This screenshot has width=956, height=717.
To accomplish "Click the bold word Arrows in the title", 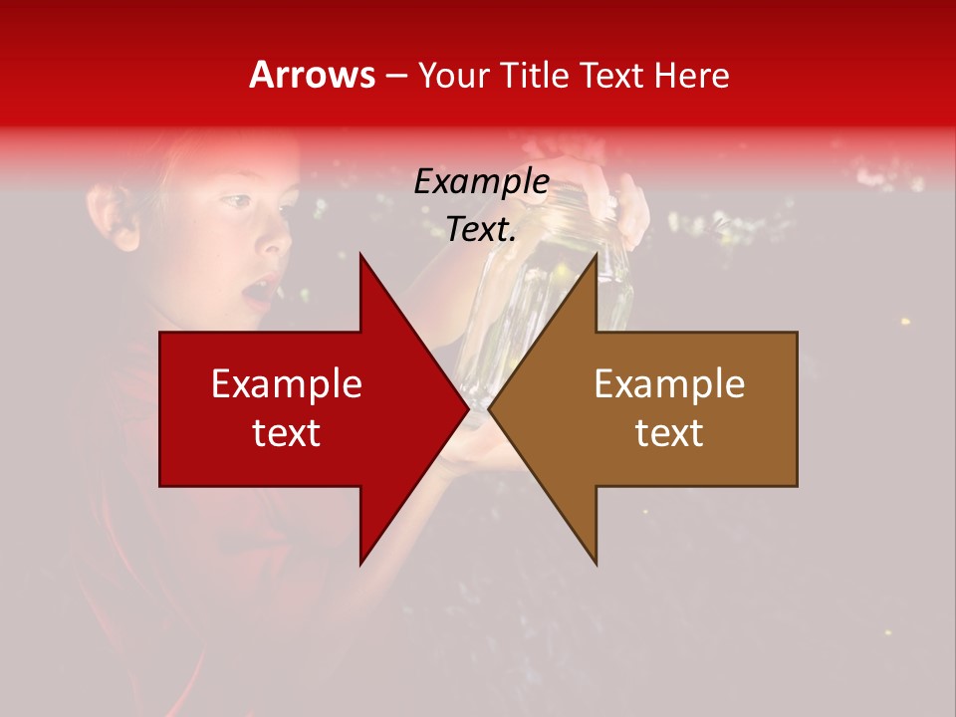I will [x=313, y=75].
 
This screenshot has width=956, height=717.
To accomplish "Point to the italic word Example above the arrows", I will [x=481, y=182].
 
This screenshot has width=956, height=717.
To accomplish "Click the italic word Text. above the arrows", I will [x=481, y=230].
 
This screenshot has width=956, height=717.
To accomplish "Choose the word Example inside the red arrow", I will [x=287, y=383].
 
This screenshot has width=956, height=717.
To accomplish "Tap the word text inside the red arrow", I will [x=287, y=432].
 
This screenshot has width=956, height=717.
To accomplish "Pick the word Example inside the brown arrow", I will [x=669, y=383].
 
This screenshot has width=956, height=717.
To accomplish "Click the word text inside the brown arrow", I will [x=669, y=432].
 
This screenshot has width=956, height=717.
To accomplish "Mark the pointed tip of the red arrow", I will [x=467, y=408].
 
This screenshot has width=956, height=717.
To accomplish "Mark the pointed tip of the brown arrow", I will [x=489, y=408].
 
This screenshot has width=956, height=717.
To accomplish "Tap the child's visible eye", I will [x=235, y=202].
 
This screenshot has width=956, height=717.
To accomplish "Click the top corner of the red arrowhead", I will [x=360, y=255].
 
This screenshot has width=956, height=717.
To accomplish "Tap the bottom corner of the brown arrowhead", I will [x=597, y=564].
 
